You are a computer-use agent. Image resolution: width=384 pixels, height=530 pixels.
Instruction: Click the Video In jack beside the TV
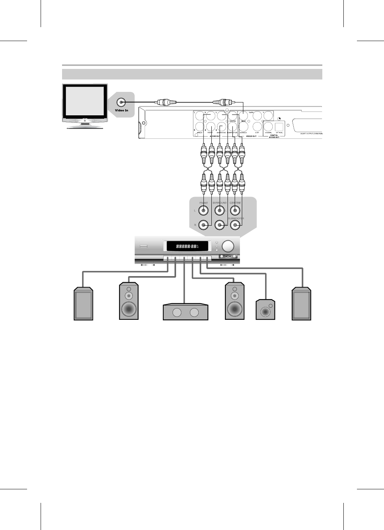(121, 102)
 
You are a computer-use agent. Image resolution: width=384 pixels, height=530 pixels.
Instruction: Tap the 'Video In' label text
(121, 110)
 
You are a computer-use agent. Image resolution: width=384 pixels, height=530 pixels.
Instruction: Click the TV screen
(85, 102)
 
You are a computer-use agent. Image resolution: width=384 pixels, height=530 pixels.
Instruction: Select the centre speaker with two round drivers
(185, 312)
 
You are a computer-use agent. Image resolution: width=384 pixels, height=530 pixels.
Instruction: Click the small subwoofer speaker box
(265, 310)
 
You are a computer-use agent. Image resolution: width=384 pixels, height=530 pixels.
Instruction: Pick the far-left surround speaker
(83, 304)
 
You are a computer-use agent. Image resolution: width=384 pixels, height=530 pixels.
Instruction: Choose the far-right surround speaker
(302, 304)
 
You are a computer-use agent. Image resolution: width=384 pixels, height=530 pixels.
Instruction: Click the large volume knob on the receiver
(228, 246)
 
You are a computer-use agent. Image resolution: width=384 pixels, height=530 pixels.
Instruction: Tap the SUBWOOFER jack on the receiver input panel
(235, 225)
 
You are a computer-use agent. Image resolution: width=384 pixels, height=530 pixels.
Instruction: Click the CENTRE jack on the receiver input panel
(235, 211)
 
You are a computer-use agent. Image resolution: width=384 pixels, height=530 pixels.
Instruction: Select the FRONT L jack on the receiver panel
(203, 211)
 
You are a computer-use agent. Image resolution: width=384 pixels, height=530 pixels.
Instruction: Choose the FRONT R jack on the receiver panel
(203, 225)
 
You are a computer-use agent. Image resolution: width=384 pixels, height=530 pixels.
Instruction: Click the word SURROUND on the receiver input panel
(220, 203)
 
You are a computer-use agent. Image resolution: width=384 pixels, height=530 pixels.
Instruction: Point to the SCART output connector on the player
(308, 124)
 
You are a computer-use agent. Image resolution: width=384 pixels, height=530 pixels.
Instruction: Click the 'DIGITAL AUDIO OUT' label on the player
(274, 136)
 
